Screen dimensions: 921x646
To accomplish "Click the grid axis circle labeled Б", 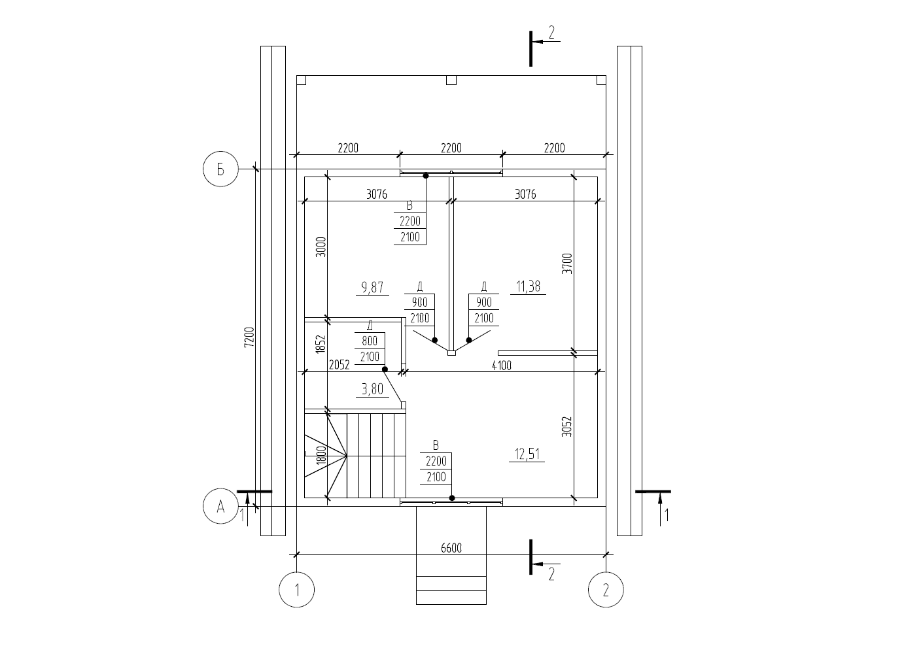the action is [220, 169].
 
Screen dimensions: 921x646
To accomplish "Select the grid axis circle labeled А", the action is [220, 506].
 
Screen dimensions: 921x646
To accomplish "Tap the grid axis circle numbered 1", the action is [296, 590].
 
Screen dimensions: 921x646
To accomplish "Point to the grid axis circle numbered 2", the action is [606, 590].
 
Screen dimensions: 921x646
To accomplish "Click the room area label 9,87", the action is [372, 287].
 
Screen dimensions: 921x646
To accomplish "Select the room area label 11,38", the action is [528, 286].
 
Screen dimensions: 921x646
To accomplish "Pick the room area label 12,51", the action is [527, 454].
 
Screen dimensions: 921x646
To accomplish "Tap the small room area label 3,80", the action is [372, 389].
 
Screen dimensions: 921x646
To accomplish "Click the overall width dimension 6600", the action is [451, 548].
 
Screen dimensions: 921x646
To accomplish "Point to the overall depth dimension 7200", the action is [249, 337].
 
